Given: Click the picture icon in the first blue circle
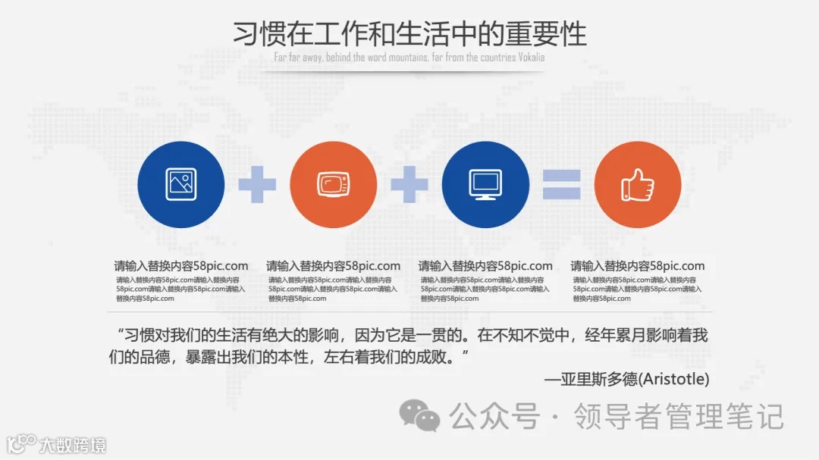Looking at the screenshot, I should click(180, 184).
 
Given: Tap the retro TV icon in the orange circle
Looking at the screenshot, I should click(333, 184).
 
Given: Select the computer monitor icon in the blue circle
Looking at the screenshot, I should click(485, 184).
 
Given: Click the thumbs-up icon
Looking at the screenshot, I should click(638, 184).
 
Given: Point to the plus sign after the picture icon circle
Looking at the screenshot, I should click(257, 184).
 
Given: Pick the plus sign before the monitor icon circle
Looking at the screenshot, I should click(409, 184).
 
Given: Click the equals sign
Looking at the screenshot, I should click(561, 184).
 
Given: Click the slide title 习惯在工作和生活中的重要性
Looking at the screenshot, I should click(409, 34).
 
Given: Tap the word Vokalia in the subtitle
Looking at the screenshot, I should click(531, 58).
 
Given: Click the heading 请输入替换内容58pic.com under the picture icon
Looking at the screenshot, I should click(181, 266).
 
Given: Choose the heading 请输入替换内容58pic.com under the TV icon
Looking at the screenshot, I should click(333, 266).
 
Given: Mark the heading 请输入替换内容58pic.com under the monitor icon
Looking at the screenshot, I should click(485, 266).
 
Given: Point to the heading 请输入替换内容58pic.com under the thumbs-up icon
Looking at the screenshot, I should click(638, 266).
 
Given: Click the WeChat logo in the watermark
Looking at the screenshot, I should click(419, 415).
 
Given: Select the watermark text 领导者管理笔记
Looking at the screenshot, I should click(678, 416).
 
